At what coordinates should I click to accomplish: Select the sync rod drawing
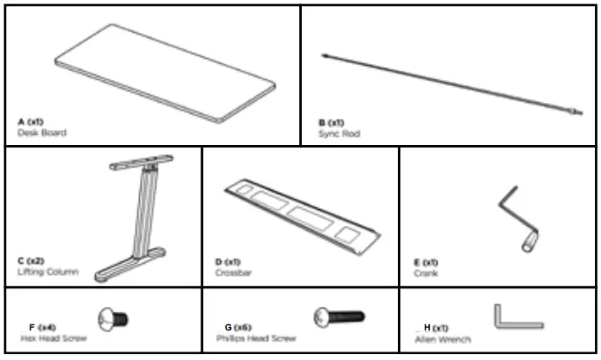click(x=451, y=83)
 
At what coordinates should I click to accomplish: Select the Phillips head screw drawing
click(x=338, y=317)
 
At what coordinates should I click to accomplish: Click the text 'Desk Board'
click(x=41, y=133)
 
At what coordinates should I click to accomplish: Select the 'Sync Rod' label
click(x=334, y=133)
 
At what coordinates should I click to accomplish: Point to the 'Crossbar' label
click(x=233, y=273)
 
